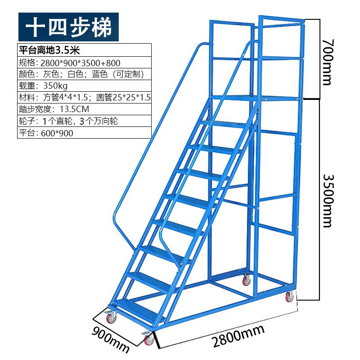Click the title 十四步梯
coord(68,27)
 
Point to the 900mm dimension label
coord(111,338)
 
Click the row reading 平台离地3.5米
coord(50,49)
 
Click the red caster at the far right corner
coord(289,297)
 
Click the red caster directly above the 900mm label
coord(111,318)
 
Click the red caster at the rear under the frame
coord(246,281)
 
